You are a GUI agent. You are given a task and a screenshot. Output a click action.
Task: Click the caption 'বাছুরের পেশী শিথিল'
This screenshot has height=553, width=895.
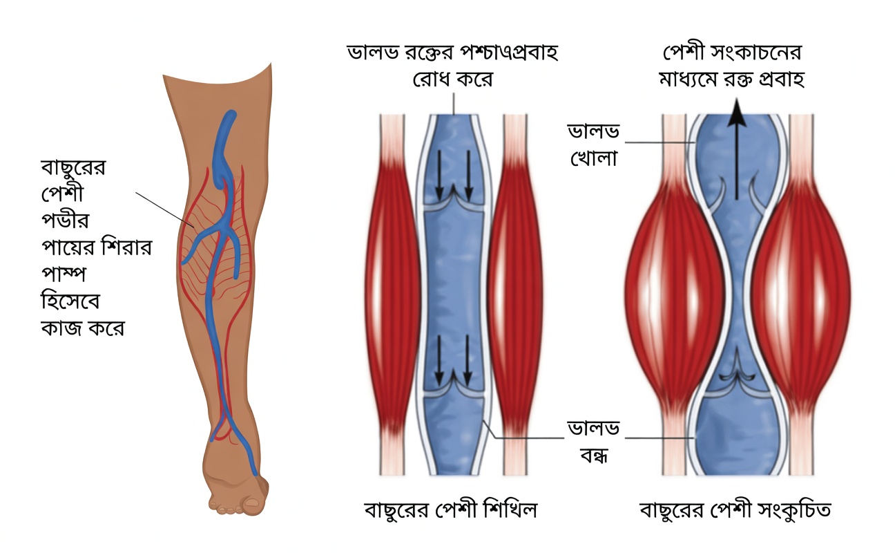pyautogui.click(x=451, y=510)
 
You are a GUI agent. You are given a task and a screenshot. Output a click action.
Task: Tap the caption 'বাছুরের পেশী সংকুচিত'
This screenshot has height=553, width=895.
pyautogui.click(x=735, y=510)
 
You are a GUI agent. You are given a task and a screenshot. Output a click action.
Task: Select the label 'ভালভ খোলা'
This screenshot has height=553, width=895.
pyautogui.click(x=594, y=145)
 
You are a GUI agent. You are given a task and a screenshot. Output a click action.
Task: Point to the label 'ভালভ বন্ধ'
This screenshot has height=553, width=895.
pyautogui.click(x=594, y=442)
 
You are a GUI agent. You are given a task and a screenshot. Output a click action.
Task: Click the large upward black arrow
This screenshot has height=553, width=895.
pyautogui.click(x=737, y=149)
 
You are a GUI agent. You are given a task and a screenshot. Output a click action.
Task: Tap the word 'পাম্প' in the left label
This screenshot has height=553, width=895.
pyautogui.click(x=64, y=274)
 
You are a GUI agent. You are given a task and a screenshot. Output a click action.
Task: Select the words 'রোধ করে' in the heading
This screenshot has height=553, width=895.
pyautogui.click(x=453, y=79)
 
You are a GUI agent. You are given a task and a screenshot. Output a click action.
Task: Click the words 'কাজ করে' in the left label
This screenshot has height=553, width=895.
pyautogui.click(x=83, y=328)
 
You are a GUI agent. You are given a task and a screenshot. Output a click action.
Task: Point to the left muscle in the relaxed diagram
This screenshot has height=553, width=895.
pyautogui.click(x=392, y=295)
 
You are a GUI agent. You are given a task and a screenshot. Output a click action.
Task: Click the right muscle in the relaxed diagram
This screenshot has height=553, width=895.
pyautogui.click(x=515, y=295)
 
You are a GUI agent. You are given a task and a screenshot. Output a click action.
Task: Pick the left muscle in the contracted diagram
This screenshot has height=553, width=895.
pyautogui.click(x=675, y=295)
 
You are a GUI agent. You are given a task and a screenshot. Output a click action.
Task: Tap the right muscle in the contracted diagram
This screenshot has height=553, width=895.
pyautogui.click(x=801, y=295)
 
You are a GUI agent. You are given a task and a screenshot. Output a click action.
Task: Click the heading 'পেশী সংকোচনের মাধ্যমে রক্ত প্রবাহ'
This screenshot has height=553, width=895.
pyautogui.click(x=732, y=66)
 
